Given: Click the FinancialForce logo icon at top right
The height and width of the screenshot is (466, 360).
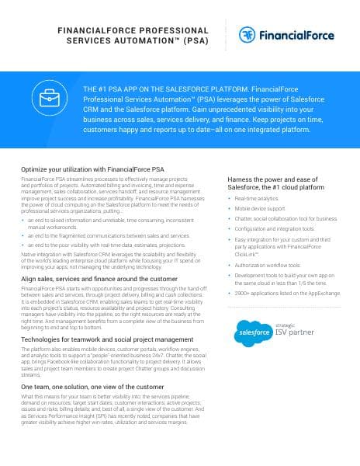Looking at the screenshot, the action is tap(249, 34).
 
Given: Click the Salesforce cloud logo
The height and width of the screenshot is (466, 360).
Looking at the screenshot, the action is tap(254, 334).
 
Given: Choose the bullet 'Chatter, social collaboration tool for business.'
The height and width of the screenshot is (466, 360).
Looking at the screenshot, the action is tap(286, 220).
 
